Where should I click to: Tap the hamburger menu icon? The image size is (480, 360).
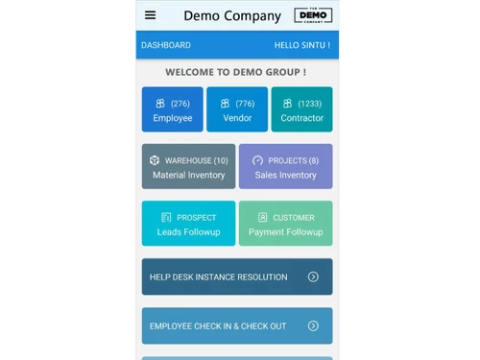(x=150, y=15)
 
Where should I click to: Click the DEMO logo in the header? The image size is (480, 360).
(x=313, y=15)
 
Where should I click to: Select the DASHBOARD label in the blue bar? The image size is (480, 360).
(x=166, y=45)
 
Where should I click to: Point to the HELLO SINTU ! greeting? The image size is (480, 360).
(x=301, y=45)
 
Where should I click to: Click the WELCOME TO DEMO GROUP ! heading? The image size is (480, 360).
(x=236, y=72)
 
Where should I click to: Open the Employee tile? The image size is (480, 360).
(x=173, y=109)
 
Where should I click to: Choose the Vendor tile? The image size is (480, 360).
(x=237, y=109)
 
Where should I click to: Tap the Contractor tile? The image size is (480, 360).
(x=301, y=109)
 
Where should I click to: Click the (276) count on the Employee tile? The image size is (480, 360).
(x=180, y=104)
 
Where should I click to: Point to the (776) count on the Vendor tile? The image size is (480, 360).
(x=245, y=104)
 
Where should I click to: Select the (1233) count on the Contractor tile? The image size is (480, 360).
(x=309, y=104)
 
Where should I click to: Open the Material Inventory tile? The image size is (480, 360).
(x=188, y=167)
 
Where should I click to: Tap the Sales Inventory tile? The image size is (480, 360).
(x=285, y=167)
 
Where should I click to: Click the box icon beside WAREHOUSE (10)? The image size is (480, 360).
(x=155, y=160)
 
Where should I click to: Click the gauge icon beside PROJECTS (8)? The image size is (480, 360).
(x=257, y=160)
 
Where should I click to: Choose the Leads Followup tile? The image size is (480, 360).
(x=188, y=224)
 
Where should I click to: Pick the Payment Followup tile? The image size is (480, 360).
(x=285, y=224)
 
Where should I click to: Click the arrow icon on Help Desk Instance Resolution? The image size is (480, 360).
(x=313, y=276)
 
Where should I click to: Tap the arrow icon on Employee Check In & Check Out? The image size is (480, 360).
(x=313, y=326)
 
